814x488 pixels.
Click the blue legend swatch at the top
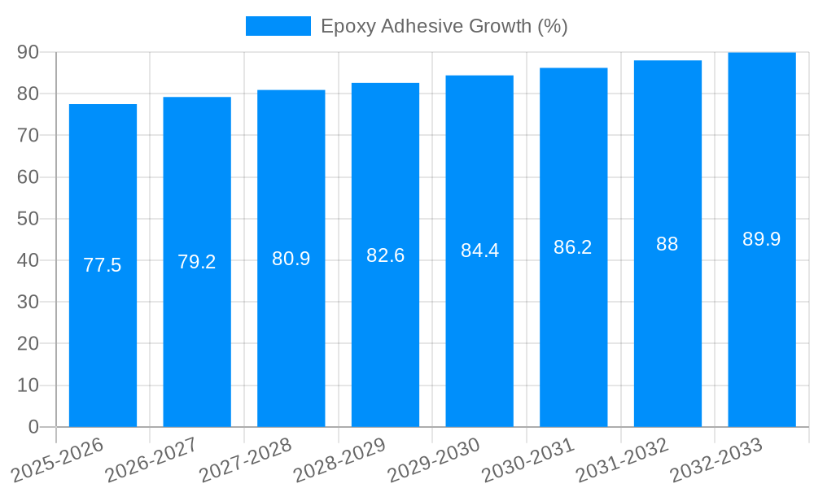tap(278, 26)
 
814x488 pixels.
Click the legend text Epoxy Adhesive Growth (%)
tap(444, 26)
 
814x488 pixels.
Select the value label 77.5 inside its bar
tap(103, 265)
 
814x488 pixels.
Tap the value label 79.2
tap(197, 262)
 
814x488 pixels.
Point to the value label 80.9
tap(291, 259)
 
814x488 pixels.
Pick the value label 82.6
tap(386, 255)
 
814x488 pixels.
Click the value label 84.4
tap(480, 251)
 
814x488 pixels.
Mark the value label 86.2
tap(573, 247)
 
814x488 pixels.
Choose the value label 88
tap(667, 244)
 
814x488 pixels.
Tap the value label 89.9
tap(762, 239)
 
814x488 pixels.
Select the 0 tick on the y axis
tap(33, 427)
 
